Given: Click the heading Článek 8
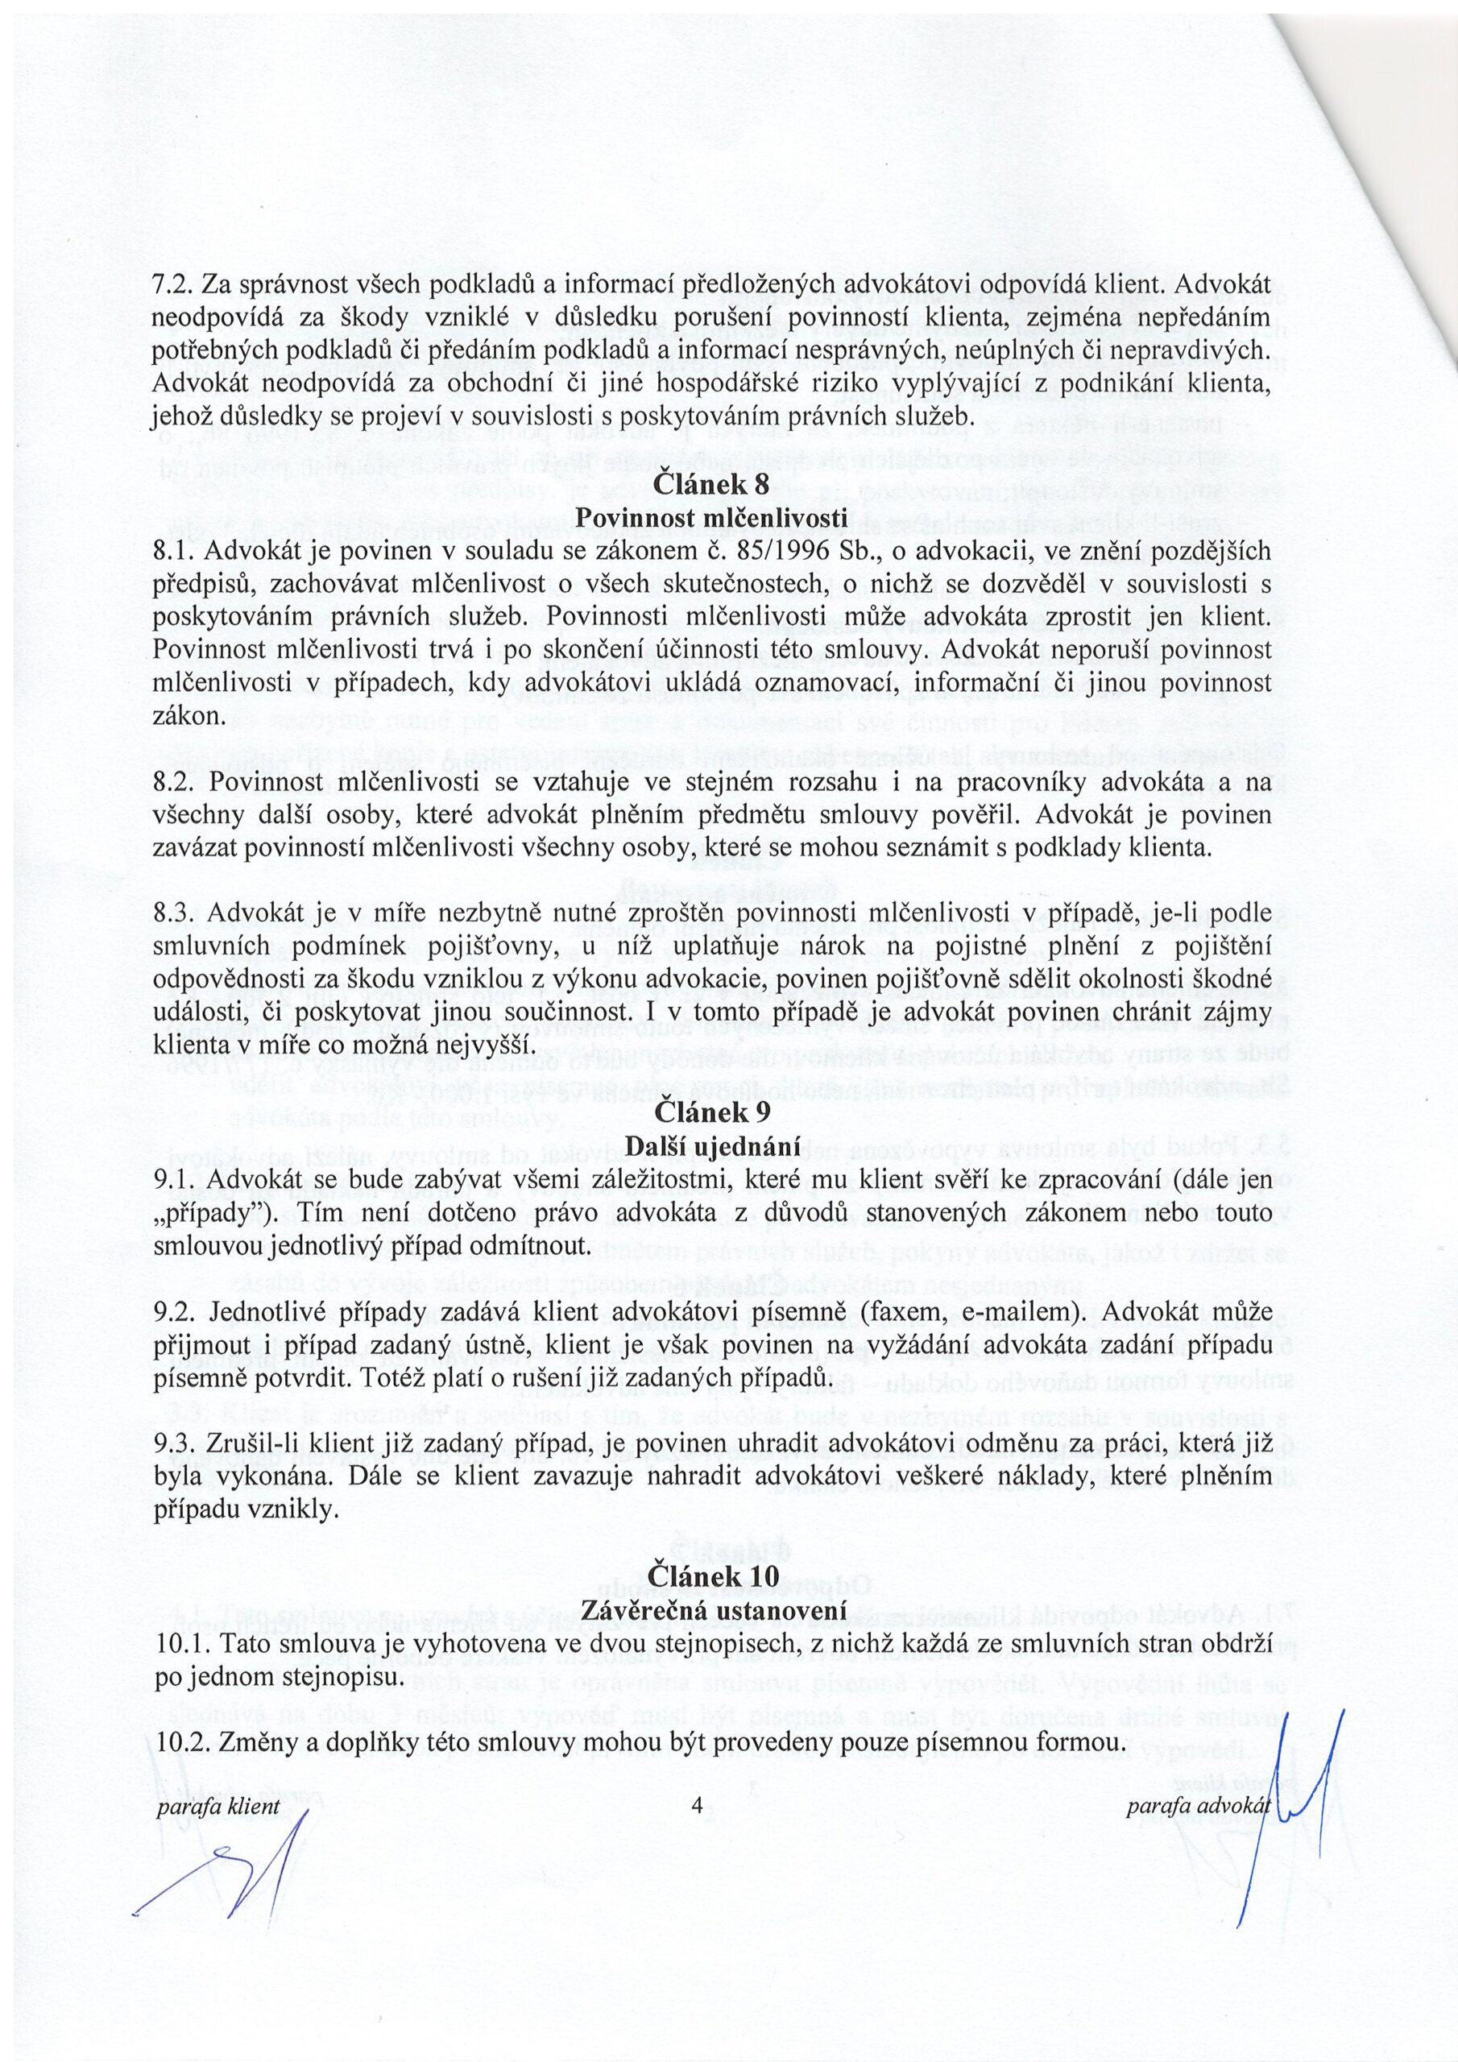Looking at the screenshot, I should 711,485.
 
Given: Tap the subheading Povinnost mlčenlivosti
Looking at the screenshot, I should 711,518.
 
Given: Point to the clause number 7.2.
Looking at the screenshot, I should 173,284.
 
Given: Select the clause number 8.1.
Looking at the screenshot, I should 173,552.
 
